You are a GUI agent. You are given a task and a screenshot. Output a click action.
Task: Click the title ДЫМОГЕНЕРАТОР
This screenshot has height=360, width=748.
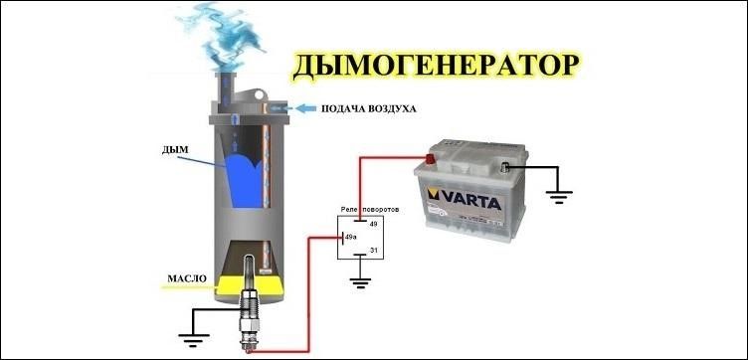click(x=436, y=67)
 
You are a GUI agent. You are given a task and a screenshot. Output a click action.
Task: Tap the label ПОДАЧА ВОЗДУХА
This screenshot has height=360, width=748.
click(x=369, y=109)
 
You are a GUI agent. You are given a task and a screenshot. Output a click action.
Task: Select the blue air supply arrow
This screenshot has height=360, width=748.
click(x=305, y=108)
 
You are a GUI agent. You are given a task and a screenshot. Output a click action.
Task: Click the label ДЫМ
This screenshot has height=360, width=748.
click(x=175, y=150)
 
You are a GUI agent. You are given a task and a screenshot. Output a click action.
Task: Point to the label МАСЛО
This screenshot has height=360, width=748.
click(x=187, y=278)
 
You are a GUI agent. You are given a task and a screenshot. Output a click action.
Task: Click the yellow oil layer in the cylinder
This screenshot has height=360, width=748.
click(x=249, y=285)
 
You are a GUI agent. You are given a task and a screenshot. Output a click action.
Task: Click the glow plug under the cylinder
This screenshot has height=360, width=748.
click(x=249, y=302)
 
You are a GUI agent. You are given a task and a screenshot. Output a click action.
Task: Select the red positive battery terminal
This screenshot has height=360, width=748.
click(x=431, y=159)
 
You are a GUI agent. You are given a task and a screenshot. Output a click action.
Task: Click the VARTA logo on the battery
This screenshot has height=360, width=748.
click(x=465, y=200)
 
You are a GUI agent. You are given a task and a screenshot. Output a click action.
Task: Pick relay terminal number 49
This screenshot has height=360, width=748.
click(x=374, y=224)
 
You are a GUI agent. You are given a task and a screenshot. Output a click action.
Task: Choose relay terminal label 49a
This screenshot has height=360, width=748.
click(x=350, y=237)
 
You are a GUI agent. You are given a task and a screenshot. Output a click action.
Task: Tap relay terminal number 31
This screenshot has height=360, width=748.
click(x=374, y=251)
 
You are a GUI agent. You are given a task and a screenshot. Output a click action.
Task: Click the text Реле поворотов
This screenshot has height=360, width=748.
click(x=370, y=209)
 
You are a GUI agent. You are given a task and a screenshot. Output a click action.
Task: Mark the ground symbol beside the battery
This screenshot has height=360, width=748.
click(x=559, y=197)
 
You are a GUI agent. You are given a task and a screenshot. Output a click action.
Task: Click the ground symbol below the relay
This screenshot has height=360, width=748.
click(x=360, y=282)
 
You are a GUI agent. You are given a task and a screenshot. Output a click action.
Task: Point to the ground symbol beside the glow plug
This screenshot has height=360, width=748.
click(x=194, y=339)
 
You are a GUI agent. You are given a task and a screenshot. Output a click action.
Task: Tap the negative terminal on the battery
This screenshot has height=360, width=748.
click(x=505, y=167)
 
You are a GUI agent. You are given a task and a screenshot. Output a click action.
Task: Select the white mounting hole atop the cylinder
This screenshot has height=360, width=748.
click(x=259, y=95)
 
